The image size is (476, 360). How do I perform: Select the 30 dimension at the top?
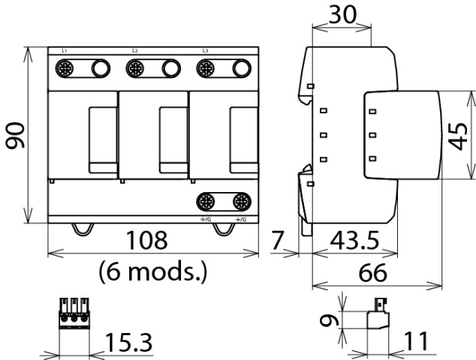coord(342,15)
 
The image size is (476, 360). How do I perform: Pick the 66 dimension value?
coord(378,271)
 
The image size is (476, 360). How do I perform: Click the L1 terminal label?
coord(65,50)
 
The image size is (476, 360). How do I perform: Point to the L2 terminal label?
coord(134,50)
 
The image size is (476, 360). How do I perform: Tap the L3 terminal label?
coord(204,50)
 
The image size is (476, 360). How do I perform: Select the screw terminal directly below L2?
coord(135,70)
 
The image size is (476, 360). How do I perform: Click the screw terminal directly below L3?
coord(205,70)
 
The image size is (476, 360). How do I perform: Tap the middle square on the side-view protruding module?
coord(372,135)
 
